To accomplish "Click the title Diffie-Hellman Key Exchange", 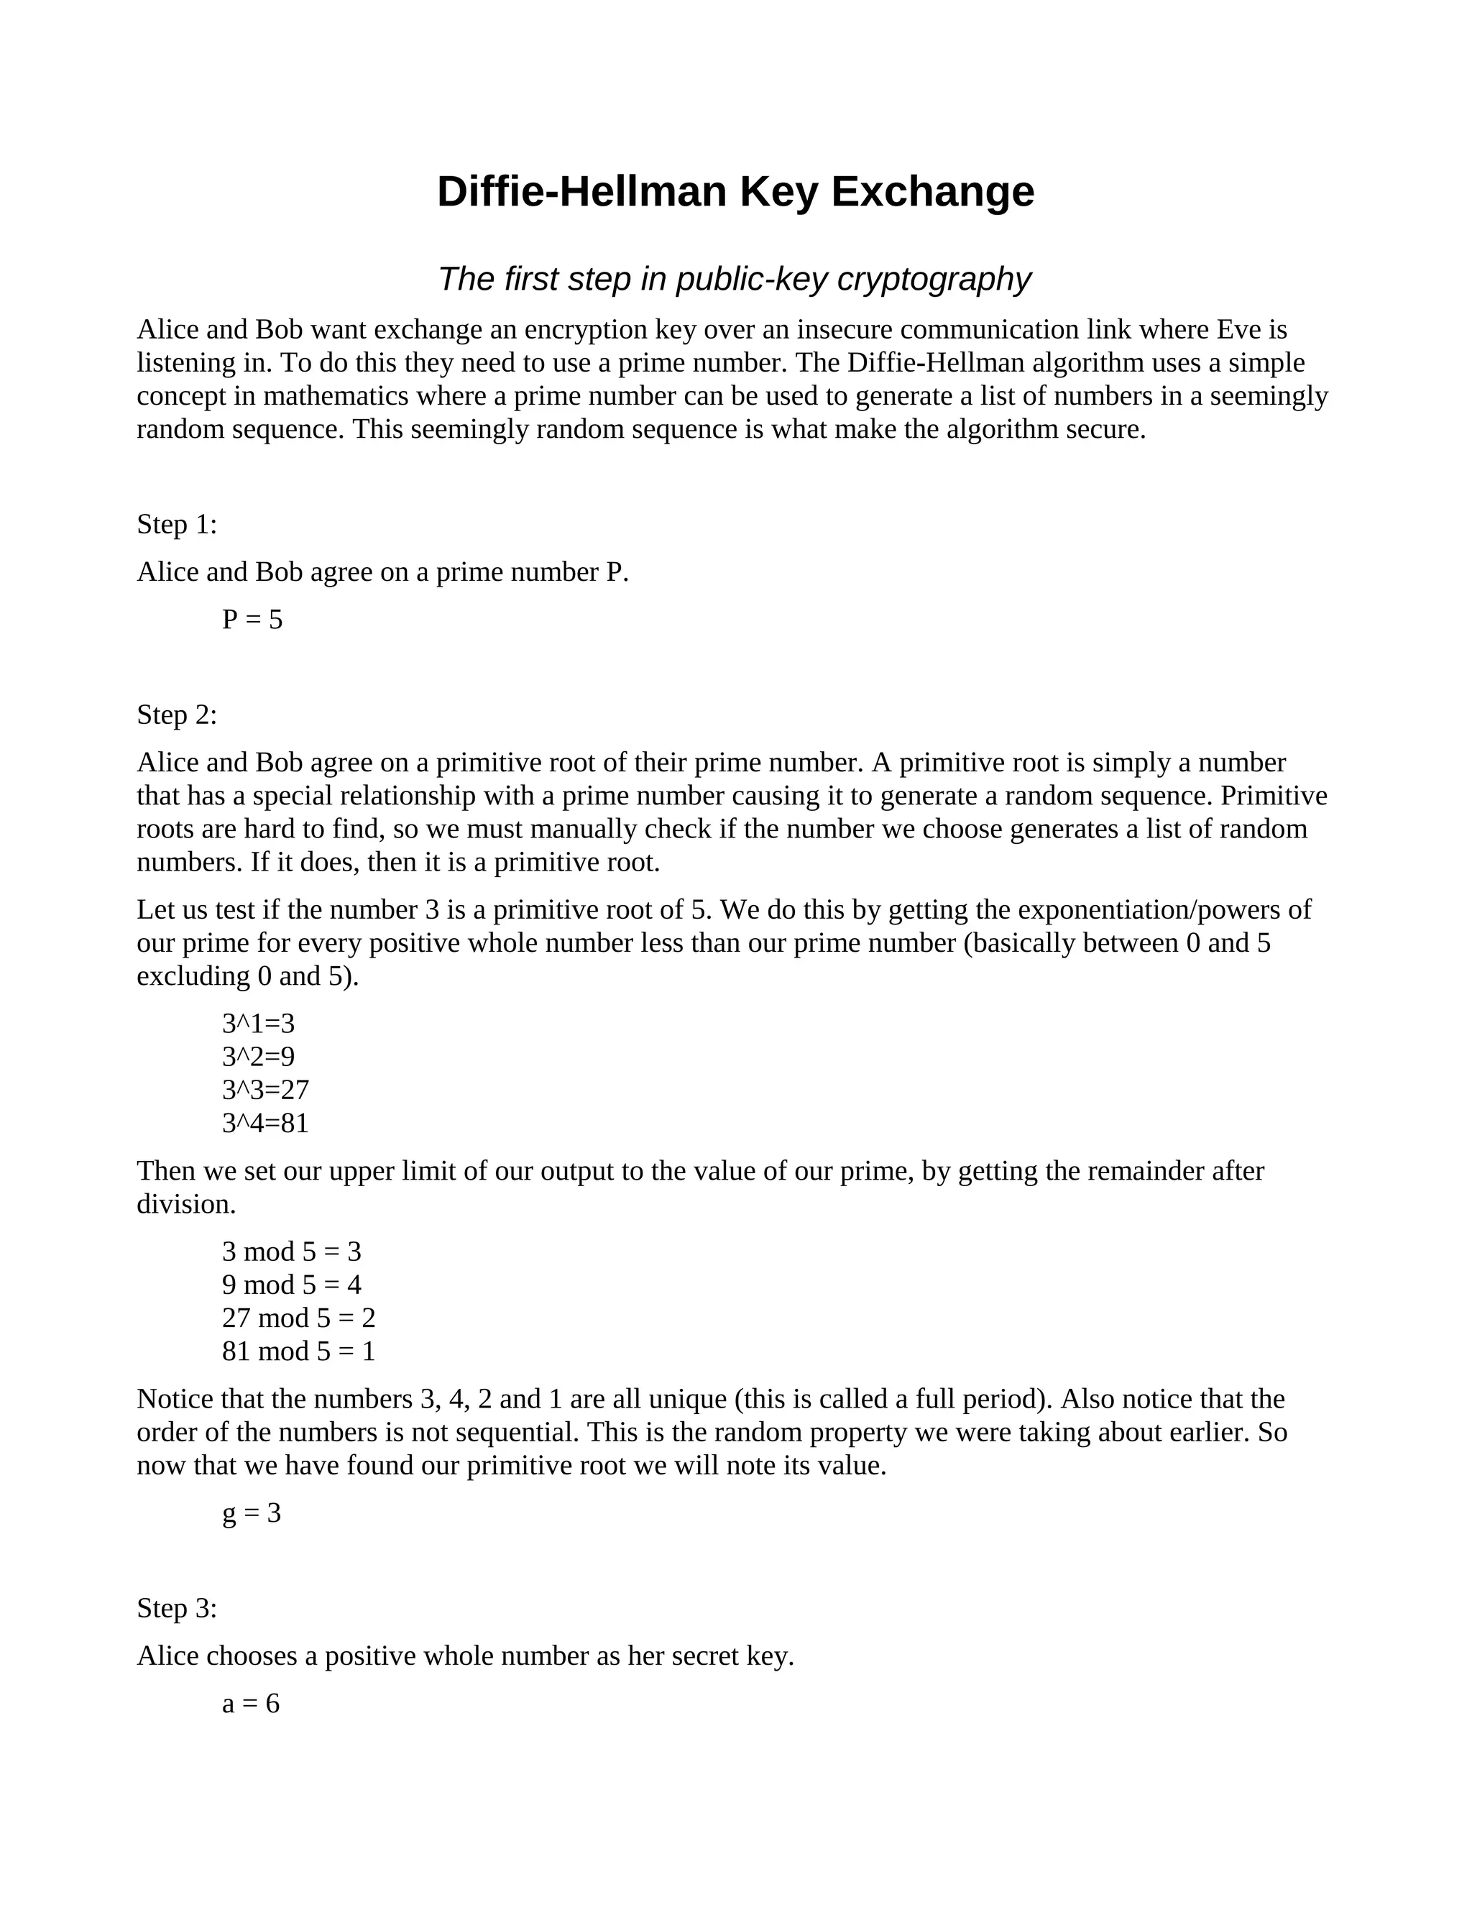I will tap(735, 192).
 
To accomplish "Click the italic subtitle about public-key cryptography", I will tap(735, 279).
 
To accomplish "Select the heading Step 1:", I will tap(177, 524).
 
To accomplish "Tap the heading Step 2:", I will tap(177, 715).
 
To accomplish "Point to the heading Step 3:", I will tap(177, 1607).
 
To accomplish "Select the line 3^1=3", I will tap(258, 1023).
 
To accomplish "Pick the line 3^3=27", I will tap(265, 1089).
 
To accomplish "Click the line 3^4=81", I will tap(265, 1123).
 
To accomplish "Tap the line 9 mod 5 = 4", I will tap(291, 1285).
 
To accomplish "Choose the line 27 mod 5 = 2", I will tap(298, 1318).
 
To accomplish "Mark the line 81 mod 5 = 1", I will tap(298, 1351).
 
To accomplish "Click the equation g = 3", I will tap(251, 1512).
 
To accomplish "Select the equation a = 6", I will tap(250, 1704).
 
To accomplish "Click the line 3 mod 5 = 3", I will tap(291, 1252).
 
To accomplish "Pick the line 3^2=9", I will tap(258, 1056).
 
